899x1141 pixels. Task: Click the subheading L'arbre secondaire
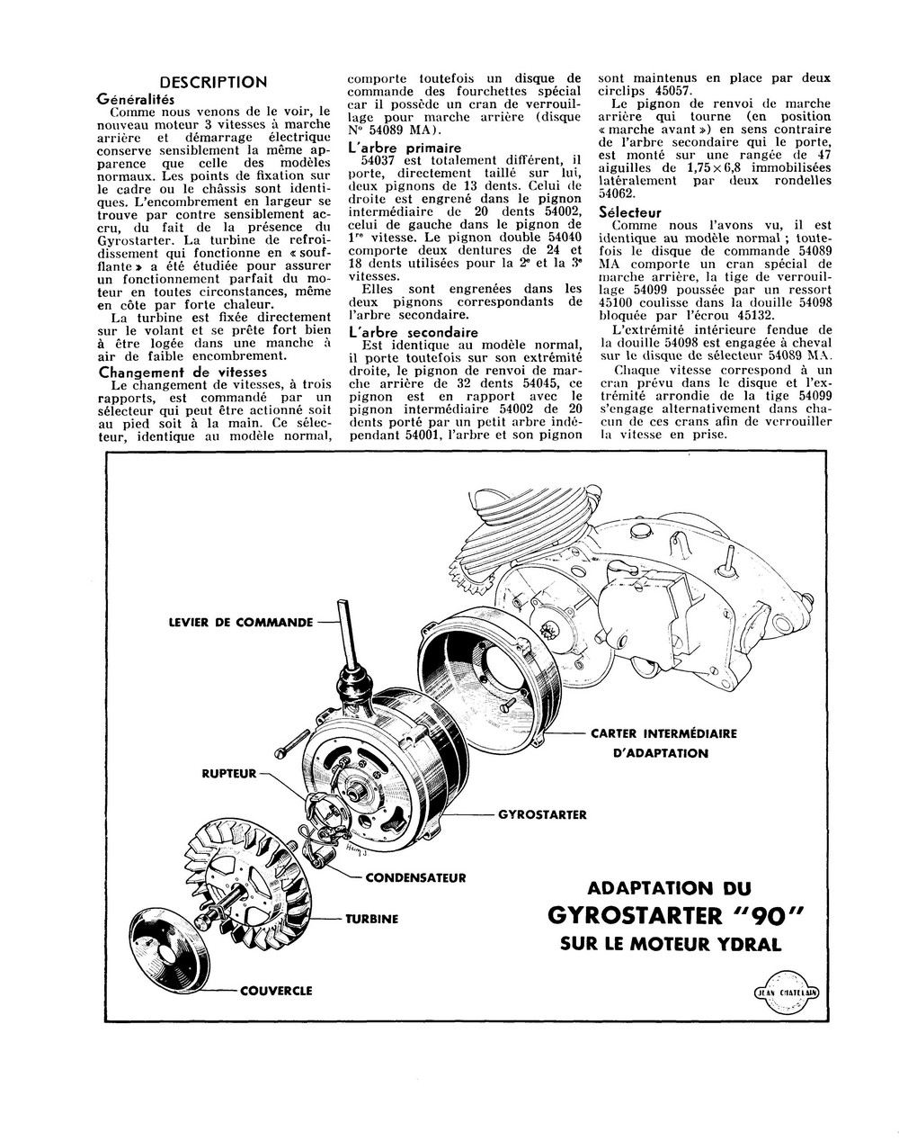412,332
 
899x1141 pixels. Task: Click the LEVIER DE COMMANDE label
241,622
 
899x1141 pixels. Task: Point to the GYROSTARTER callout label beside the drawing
542,815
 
